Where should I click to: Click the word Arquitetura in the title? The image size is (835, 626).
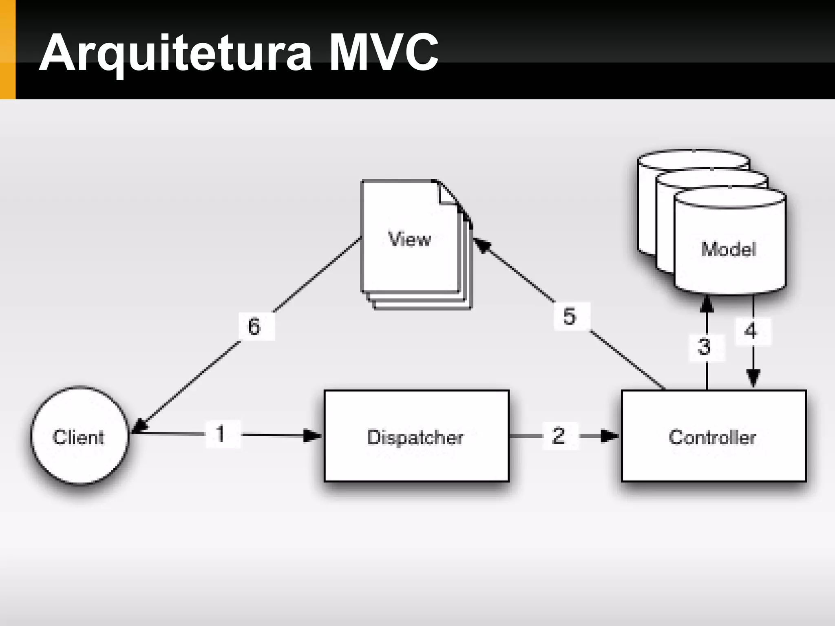coord(175,53)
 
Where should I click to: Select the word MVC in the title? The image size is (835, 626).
coord(383,53)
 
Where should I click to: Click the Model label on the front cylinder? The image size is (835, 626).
coord(729,249)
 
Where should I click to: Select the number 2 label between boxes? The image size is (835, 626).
coord(559,436)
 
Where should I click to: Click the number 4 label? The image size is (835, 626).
coord(751,331)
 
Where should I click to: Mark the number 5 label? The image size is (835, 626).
coord(570,316)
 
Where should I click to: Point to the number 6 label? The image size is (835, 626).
coord(254,326)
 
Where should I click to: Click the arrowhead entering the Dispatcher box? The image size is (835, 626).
coord(313,436)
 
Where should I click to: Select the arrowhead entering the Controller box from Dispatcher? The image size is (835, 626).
coord(610,436)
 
